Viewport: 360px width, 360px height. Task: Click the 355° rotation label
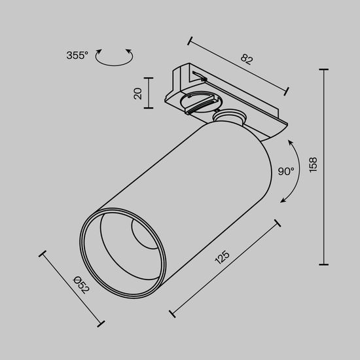77,56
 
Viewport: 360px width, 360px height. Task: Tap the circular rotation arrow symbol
114,58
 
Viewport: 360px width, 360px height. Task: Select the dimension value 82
247,58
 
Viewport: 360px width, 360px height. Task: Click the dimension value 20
137,94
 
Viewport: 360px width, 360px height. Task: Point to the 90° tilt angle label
286,171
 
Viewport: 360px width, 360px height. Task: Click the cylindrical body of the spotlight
196,177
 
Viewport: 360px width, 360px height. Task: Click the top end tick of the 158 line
324,68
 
